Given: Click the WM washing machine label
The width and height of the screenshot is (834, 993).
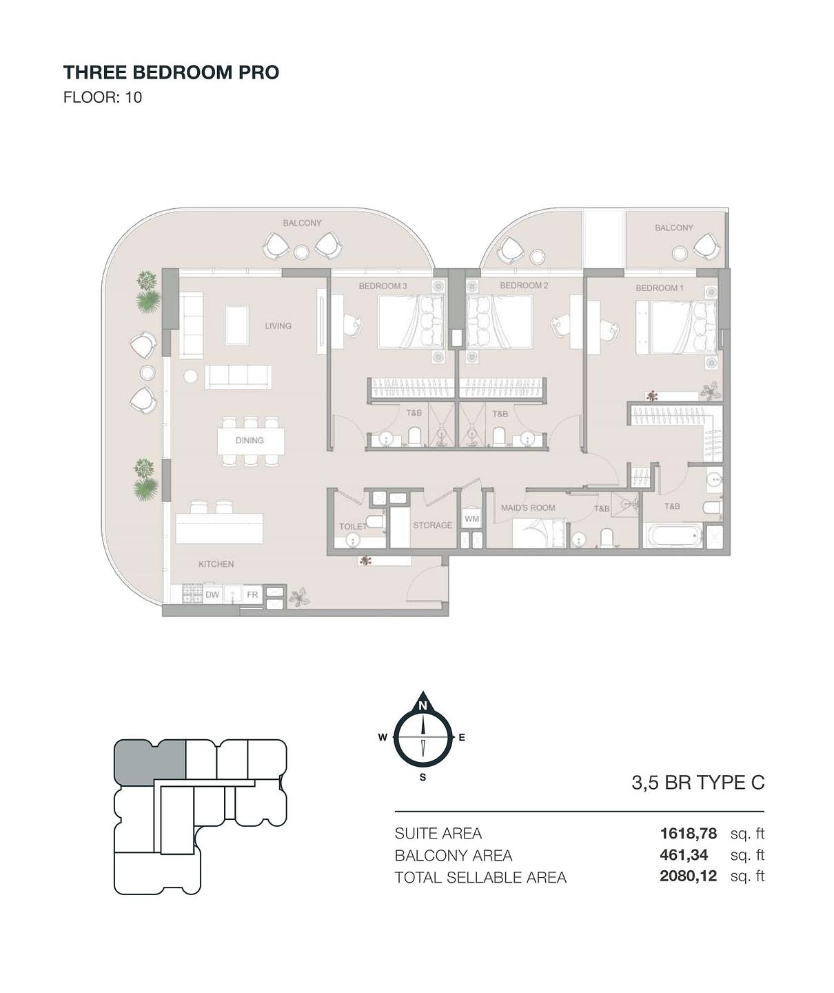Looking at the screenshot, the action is (x=471, y=519).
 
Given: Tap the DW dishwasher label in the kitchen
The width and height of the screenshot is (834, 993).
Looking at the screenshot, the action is (x=212, y=594).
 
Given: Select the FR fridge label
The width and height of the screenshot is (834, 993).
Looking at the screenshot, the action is (x=252, y=594).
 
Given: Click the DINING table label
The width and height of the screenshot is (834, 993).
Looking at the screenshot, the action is (x=250, y=441).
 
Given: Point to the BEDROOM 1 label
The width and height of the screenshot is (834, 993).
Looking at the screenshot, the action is (x=660, y=288).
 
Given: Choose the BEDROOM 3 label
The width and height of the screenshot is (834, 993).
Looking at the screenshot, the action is (x=383, y=286).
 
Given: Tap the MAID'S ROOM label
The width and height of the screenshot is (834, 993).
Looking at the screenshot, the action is (x=528, y=508).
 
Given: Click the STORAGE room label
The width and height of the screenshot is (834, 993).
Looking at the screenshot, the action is (x=433, y=525).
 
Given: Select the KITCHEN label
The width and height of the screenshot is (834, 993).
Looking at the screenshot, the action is (x=216, y=564).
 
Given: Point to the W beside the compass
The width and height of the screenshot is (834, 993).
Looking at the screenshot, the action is (x=383, y=738).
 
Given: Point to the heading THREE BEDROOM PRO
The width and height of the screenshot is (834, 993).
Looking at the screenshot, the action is (x=171, y=72).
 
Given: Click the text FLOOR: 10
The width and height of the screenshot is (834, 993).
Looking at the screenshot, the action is (x=103, y=97).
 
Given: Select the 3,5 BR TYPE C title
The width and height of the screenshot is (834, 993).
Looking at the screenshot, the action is (x=698, y=782).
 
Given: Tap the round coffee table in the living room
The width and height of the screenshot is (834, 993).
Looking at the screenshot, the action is (x=190, y=377).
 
